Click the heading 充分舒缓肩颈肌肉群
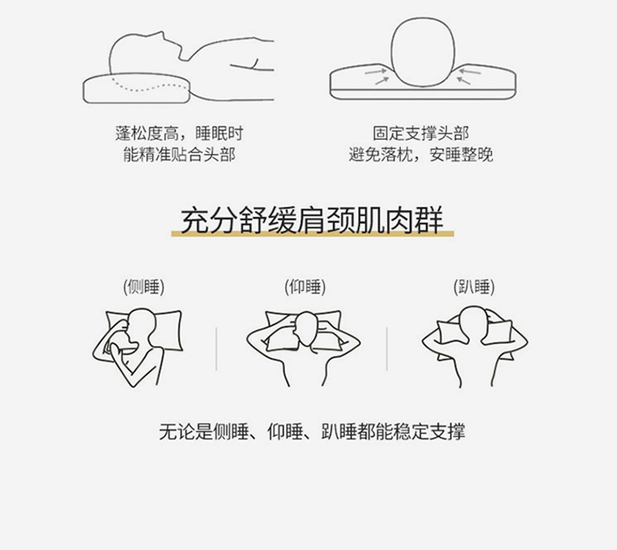click(312, 220)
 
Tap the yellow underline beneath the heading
click(312, 234)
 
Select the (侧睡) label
click(144, 287)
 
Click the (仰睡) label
click(305, 287)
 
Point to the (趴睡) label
click(474, 287)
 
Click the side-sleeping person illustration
click(137, 346)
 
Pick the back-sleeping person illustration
click(303, 346)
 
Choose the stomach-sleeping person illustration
click(475, 346)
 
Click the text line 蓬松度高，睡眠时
click(180, 133)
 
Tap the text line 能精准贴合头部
click(180, 154)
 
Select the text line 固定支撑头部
click(421, 133)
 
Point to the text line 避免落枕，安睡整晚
click(421, 154)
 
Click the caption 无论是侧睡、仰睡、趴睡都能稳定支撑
click(312, 431)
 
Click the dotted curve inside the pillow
click(149, 87)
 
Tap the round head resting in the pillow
click(423, 51)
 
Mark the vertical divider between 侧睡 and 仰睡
click(216, 349)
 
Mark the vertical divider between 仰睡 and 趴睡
click(387, 349)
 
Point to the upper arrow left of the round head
click(376, 72)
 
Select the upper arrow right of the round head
click(469, 72)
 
